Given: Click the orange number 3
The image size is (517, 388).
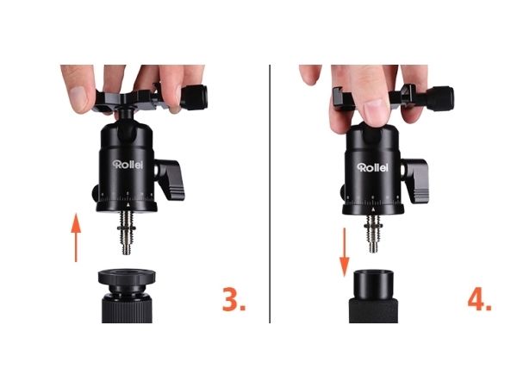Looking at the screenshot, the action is coord(234,299).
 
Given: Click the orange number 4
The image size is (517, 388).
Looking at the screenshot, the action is coord(479,299).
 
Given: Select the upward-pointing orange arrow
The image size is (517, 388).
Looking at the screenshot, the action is coord(76,238).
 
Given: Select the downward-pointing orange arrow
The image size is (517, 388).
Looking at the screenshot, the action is coord(345,252).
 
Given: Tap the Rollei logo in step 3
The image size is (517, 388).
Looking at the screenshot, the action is coord(128,165).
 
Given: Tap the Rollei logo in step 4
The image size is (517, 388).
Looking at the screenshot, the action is coord(373,167).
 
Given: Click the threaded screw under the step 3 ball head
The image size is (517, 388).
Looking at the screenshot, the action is coord(127,232).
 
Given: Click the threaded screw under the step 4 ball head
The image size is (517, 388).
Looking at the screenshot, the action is coord(373,234).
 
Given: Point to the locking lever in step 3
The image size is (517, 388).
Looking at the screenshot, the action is coord(170,179).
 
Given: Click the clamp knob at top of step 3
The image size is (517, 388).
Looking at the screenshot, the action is coord(195,97).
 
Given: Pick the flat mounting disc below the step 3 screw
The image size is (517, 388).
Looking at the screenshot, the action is coord(127,277).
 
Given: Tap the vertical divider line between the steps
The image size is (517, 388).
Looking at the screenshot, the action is coord(270,194).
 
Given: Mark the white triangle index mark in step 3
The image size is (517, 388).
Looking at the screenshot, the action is coord(128,205).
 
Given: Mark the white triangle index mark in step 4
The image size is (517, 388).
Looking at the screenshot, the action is coord(373,210).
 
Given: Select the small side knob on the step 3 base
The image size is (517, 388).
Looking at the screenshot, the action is coord(95,193).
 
